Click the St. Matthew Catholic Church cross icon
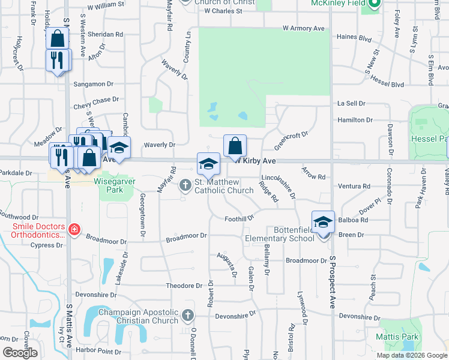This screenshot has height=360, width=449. [x=185, y=184]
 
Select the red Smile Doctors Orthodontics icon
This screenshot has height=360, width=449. [x=74, y=229]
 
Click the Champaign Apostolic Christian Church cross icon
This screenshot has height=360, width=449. [x=188, y=314]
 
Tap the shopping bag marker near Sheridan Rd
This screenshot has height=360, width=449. [x=56, y=39]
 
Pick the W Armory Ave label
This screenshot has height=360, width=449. [x=304, y=28]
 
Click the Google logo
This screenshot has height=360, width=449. [x=20, y=353]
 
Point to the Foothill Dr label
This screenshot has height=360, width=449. [x=240, y=219]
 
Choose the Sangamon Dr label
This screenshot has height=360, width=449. [x=93, y=84]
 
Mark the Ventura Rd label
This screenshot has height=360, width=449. [x=354, y=187]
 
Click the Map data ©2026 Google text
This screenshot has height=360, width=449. [x=411, y=355]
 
